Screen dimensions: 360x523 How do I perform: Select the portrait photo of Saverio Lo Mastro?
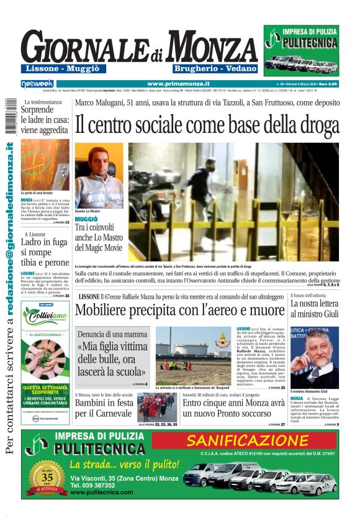pos(99,177)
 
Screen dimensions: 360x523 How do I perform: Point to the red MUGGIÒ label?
pos(86,220)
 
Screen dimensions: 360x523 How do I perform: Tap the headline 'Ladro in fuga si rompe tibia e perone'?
pos(43,254)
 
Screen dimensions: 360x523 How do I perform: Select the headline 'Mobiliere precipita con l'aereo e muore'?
pos(180,309)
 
